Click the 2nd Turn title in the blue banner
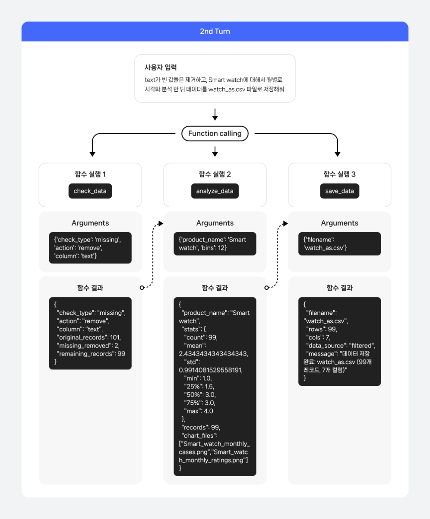[215, 31]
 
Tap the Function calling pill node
[215, 134]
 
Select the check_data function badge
[90, 191]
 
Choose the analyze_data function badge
[215, 191]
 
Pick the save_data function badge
[339, 191]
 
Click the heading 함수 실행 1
[90, 174]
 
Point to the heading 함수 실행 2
[215, 174]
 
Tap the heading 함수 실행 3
[339, 174]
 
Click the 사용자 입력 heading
[161, 67]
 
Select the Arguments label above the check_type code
[90, 223]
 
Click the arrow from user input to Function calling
[215, 114]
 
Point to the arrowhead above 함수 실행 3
[338, 154]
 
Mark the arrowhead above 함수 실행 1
[92, 154]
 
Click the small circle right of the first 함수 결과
[142, 288]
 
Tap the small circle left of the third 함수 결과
[266, 288]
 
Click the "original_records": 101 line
[89, 337]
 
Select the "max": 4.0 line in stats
[199, 411]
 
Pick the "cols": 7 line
[318, 337]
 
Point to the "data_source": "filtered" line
[341, 346]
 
